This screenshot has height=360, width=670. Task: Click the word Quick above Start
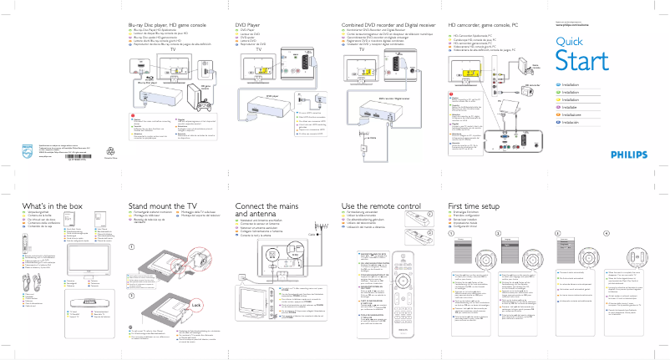[568, 42]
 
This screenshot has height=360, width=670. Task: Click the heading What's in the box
[52, 205]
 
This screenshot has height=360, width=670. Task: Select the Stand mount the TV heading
[162, 205]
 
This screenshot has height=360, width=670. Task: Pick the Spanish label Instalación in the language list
[580, 122]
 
